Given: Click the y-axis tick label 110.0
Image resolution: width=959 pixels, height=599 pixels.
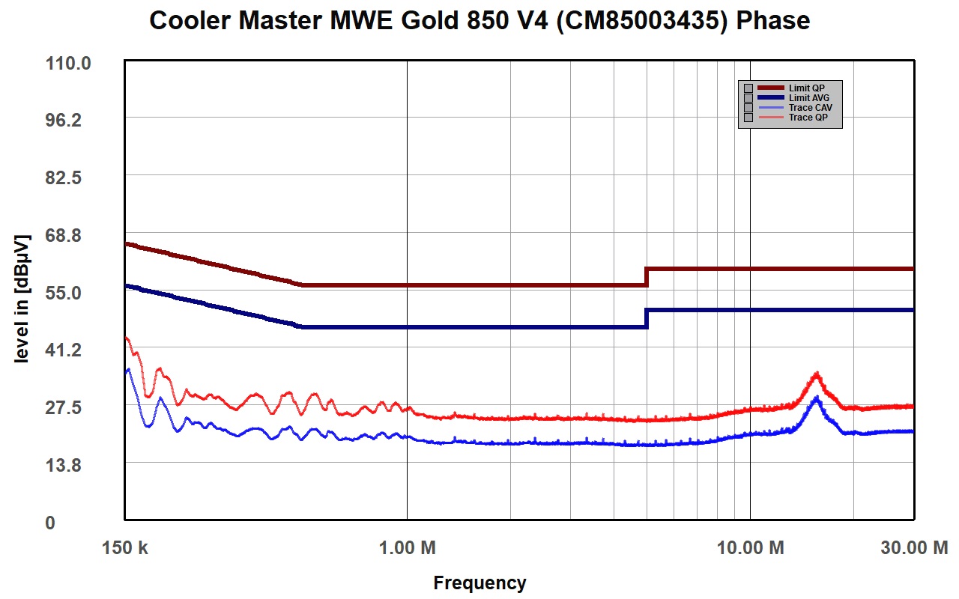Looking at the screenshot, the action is pyautogui.click(x=68, y=64).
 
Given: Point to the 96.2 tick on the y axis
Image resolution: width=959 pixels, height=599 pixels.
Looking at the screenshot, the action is pyautogui.click(x=64, y=121).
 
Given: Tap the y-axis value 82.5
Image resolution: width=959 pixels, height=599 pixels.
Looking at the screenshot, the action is pyautogui.click(x=64, y=177).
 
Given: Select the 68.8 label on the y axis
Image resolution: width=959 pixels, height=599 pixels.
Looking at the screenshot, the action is pyautogui.click(x=64, y=235).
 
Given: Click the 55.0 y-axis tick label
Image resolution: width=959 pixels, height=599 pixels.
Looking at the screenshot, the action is pyautogui.click(x=64, y=293).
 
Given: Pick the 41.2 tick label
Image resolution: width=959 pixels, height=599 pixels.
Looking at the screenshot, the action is pyautogui.click(x=64, y=350).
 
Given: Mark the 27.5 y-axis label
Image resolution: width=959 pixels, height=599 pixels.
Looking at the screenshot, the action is pyautogui.click(x=64, y=407).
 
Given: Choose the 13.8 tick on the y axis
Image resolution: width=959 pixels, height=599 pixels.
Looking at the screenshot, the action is pyautogui.click(x=64, y=465).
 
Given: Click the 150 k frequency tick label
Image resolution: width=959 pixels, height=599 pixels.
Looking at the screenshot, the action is pyautogui.click(x=124, y=547).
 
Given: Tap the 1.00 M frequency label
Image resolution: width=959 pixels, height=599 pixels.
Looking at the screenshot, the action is pyautogui.click(x=407, y=547).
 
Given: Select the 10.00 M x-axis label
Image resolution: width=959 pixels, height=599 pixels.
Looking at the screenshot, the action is pyautogui.click(x=751, y=547).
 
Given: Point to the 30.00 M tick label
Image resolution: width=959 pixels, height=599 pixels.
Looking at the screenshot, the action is pyautogui.click(x=914, y=547).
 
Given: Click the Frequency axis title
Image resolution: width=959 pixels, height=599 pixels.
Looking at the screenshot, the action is pyautogui.click(x=479, y=583).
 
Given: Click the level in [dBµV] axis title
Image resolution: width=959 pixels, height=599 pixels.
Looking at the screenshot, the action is pyautogui.click(x=22, y=299).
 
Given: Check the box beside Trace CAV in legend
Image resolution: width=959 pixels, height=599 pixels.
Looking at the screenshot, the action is pyautogui.click(x=748, y=108).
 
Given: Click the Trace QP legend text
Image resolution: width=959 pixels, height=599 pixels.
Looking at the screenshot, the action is pyautogui.click(x=808, y=118).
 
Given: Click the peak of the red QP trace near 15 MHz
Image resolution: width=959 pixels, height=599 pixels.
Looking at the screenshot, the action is pyautogui.click(x=817, y=373).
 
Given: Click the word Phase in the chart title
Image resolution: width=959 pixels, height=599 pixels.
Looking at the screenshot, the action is pyautogui.click(x=772, y=20).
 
